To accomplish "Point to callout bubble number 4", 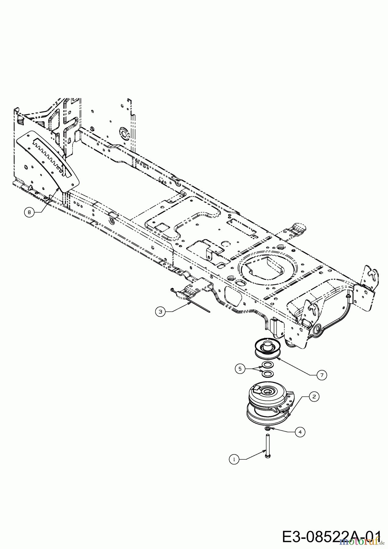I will pyautogui.click(x=300, y=432).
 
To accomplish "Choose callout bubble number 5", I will pyautogui.click(x=240, y=369).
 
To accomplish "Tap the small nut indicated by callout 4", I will pyautogui.click(x=268, y=429).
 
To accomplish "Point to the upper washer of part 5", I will pyautogui.click(x=267, y=365).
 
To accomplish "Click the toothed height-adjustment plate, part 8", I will pyautogui.click(x=49, y=160).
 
